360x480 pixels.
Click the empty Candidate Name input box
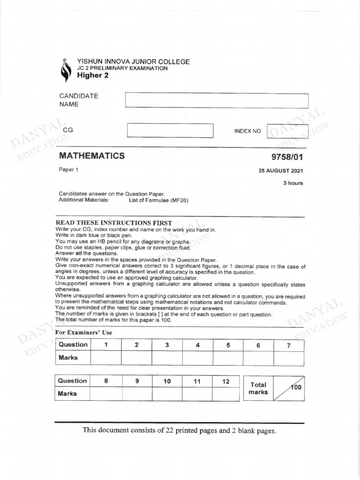point(217,101)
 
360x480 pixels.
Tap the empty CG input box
point(170,130)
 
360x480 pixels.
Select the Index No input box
point(287,131)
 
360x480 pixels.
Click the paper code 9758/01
point(287,157)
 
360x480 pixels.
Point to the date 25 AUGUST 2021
point(281,171)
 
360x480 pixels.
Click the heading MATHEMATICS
point(92,156)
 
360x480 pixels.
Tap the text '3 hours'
point(292,183)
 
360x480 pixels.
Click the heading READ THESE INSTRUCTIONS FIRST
point(114,223)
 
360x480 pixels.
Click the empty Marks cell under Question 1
point(106,358)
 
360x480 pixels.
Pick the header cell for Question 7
point(288,345)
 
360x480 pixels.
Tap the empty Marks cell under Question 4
point(197,358)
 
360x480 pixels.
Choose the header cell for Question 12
point(225,382)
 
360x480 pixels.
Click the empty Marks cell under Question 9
point(137,394)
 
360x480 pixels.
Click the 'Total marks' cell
point(258,388)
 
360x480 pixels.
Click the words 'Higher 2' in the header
point(92,75)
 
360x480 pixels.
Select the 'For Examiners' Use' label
point(84,332)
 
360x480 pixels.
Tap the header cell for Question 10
point(167,382)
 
